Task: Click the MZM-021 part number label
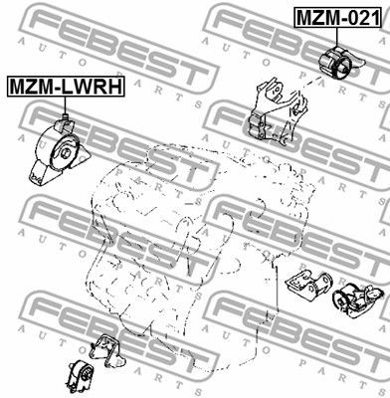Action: click(336, 17)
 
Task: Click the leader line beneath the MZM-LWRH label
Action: click(62, 108)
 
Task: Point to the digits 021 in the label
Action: click(359, 17)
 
